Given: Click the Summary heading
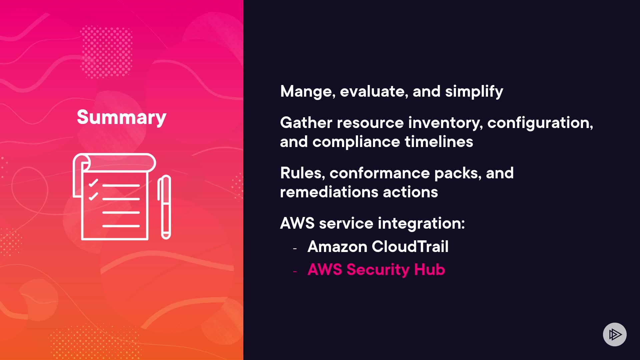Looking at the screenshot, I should point(121,117).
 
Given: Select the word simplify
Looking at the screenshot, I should point(474,92).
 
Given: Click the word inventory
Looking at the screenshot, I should point(445,123).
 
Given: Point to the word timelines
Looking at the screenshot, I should point(439,142).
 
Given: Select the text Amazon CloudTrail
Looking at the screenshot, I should point(378,247).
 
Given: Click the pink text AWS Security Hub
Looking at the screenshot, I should point(376,270).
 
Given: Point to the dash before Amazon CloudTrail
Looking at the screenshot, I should point(295,248).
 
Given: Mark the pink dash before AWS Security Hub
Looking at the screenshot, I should point(295,272).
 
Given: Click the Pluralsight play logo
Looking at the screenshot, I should point(615,334).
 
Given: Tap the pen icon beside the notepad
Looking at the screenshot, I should point(164,207).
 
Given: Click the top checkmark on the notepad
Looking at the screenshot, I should point(93,183).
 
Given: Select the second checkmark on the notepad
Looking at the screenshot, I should point(93,197).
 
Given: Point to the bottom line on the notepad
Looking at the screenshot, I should point(121,226).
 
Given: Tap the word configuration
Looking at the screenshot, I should point(540,123).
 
